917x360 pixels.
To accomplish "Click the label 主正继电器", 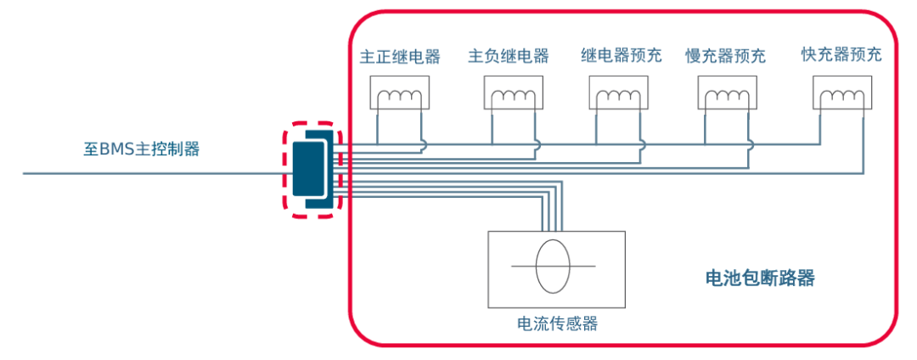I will click(x=400, y=57).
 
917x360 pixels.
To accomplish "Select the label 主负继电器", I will click(x=508, y=57).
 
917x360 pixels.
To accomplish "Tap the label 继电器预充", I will click(x=621, y=57).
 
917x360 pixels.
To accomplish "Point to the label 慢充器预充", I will click(x=725, y=57).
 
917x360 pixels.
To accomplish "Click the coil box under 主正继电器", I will click(x=399, y=93).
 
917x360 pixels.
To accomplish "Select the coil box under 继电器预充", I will click(x=619, y=93).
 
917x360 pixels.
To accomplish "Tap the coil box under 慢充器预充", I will click(x=726, y=93).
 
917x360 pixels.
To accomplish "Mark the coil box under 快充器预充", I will click(x=841, y=93).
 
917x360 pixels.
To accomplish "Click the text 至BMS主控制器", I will click(x=141, y=149).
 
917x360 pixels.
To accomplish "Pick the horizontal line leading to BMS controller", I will click(x=153, y=173).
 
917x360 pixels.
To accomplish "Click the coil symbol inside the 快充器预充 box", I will click(x=841, y=98).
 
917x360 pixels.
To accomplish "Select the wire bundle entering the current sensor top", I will click(x=551, y=217).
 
